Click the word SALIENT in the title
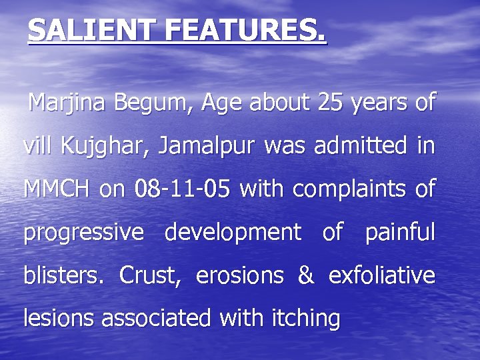point(80,31)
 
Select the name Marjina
point(69,103)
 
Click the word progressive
point(83,233)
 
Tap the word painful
point(400,232)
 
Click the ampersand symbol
point(305,275)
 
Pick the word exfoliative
point(382,275)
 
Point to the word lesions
point(59,318)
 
